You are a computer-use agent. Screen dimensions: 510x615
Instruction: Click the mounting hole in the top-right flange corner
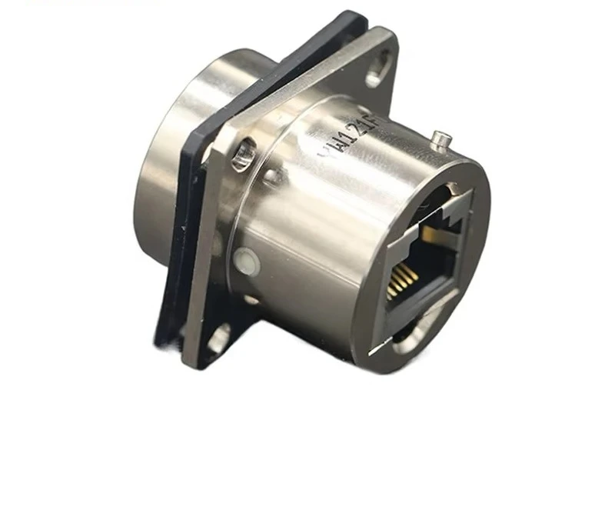click(x=377, y=75)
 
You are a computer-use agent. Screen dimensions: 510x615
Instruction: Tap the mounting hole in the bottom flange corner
click(x=218, y=337)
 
